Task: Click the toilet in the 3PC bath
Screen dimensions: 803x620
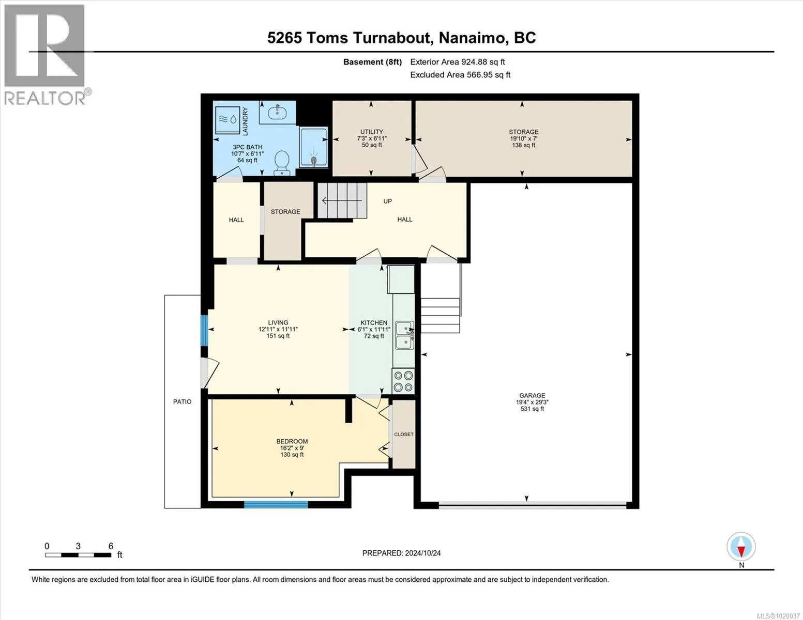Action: (282, 162)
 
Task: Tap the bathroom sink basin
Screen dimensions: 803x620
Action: (277, 112)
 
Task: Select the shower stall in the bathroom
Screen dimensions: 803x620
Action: (313, 147)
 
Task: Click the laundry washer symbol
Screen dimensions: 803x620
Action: (228, 120)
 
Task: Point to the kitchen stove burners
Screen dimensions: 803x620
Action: (403, 381)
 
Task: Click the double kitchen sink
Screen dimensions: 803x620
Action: (405, 335)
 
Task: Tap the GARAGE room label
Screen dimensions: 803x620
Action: (532, 395)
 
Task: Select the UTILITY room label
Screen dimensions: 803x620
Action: (372, 131)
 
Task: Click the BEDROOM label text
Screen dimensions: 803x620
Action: (292, 441)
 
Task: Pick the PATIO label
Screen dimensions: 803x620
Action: (182, 402)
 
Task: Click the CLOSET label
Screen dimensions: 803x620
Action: (403, 435)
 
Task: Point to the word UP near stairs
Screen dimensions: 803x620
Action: (387, 202)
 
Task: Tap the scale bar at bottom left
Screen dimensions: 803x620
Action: (79, 555)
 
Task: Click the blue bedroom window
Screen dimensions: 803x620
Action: (276, 505)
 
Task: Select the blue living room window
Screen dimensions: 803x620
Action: (204, 330)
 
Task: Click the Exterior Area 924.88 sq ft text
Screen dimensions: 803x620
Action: (458, 62)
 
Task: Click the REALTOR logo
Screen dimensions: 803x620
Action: (46, 55)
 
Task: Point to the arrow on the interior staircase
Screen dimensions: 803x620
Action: (342, 200)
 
